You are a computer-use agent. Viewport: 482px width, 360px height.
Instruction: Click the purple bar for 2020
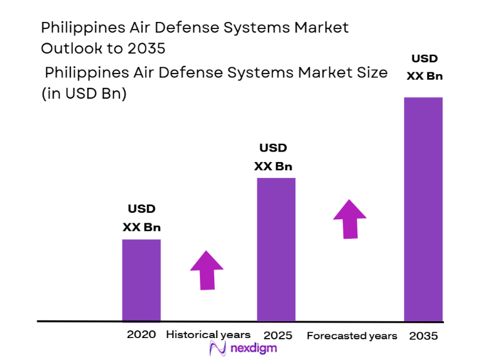tap(141, 279)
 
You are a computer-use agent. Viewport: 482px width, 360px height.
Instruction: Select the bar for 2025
tap(276, 249)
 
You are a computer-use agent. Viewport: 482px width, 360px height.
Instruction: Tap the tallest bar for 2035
tap(423, 208)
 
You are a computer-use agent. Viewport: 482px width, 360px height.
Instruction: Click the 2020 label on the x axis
tap(141, 335)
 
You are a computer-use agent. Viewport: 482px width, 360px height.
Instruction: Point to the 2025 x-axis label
tap(277, 335)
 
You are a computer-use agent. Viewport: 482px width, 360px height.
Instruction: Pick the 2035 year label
tap(423, 336)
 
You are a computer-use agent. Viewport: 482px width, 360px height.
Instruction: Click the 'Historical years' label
tap(208, 335)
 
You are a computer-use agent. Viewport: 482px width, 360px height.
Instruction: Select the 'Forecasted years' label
tap(352, 335)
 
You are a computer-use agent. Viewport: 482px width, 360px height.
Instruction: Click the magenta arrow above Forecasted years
tap(350, 219)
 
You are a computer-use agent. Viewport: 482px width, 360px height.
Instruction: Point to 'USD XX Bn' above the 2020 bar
tap(141, 218)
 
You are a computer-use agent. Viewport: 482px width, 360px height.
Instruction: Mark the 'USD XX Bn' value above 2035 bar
tap(424, 67)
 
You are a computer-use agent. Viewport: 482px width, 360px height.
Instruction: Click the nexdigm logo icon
tap(217, 349)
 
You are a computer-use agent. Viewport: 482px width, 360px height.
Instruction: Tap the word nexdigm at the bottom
tap(253, 349)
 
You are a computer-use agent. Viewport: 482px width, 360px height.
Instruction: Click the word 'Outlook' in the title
tap(68, 48)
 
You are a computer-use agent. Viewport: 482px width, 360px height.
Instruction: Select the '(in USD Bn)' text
tap(84, 94)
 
